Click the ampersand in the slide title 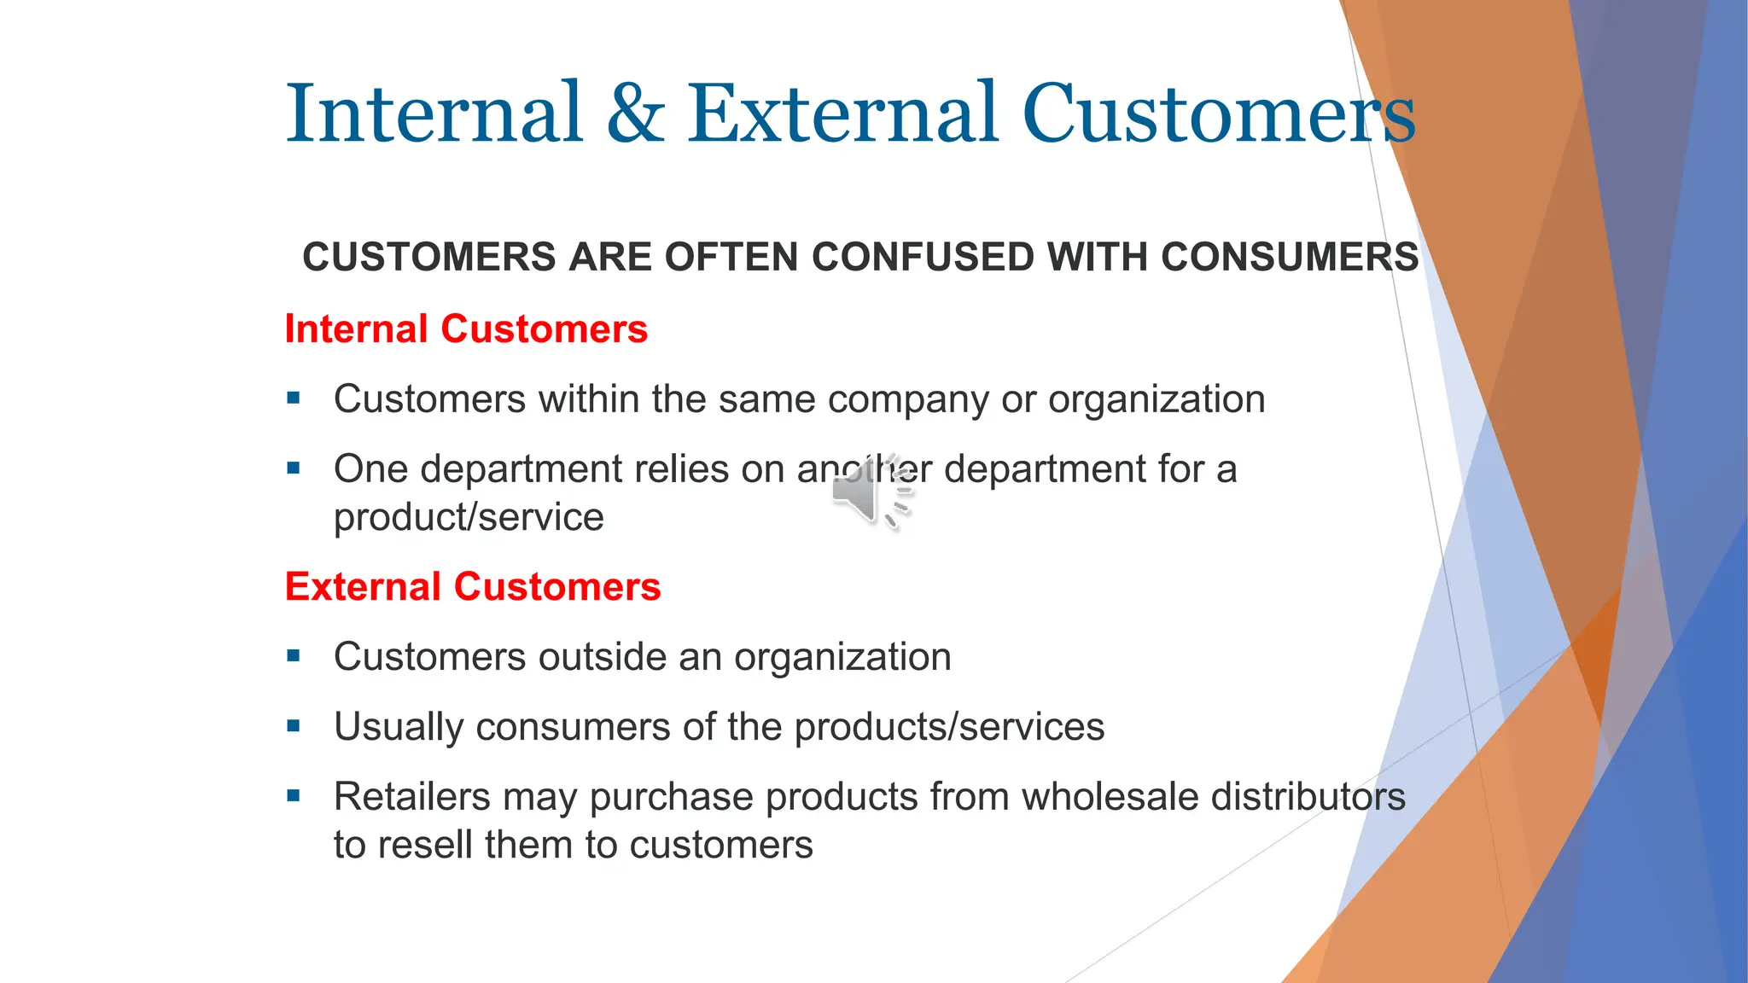click(x=636, y=113)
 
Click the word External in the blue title click(x=842, y=113)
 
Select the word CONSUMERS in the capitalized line click(x=1290, y=257)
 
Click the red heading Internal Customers click(x=466, y=329)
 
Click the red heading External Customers click(x=473, y=587)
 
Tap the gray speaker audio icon click(x=871, y=493)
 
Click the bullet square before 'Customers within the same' click(x=294, y=398)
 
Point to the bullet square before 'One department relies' click(x=294, y=468)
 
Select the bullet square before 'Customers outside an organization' click(x=294, y=655)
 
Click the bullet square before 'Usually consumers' click(x=294, y=726)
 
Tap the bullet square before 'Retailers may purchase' click(x=294, y=796)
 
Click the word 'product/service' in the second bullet click(x=469, y=518)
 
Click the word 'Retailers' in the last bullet click(x=411, y=797)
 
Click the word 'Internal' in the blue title click(x=434, y=113)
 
